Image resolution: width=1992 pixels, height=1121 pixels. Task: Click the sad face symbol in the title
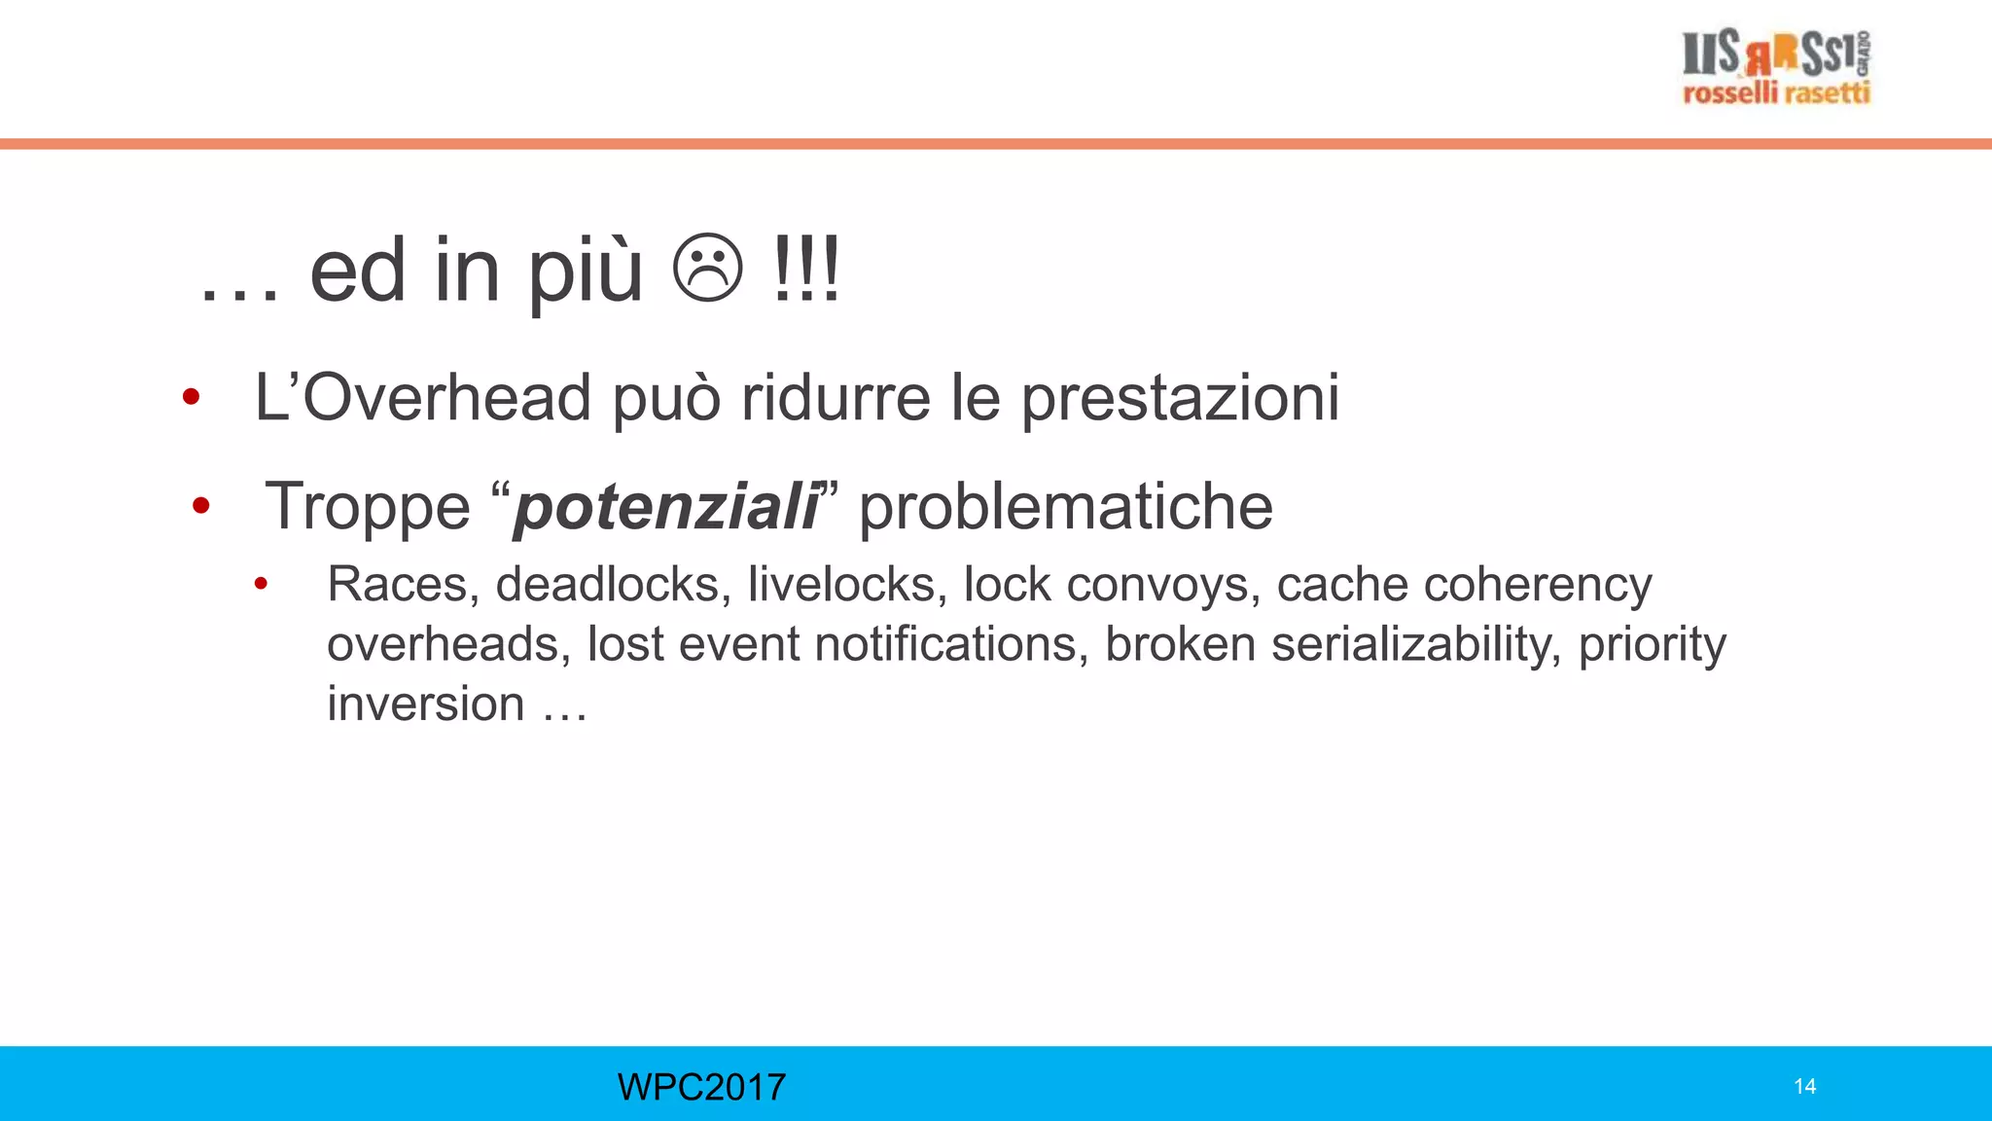708,269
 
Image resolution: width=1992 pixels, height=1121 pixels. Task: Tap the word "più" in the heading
585,272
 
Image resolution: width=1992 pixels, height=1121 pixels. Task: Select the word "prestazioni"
1180,399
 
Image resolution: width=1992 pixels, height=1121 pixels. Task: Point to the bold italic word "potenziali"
666,507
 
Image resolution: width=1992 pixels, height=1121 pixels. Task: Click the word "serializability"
1416,644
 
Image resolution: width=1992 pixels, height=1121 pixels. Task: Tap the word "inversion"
425,704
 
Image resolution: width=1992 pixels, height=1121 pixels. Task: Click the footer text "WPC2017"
701,1087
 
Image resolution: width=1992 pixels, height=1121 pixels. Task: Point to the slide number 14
1804,1087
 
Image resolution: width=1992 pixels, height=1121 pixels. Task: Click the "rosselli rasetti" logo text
1776,93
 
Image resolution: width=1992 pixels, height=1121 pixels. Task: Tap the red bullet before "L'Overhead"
191,397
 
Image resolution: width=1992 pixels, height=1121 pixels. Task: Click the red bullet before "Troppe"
201,505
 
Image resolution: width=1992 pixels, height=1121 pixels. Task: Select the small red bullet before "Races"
261,584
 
